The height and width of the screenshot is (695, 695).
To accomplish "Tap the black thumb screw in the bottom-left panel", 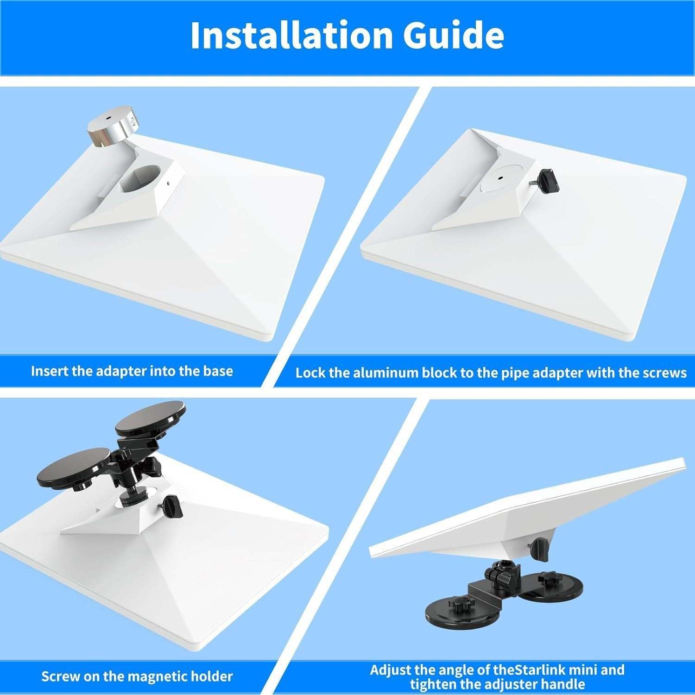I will click(x=174, y=507).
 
